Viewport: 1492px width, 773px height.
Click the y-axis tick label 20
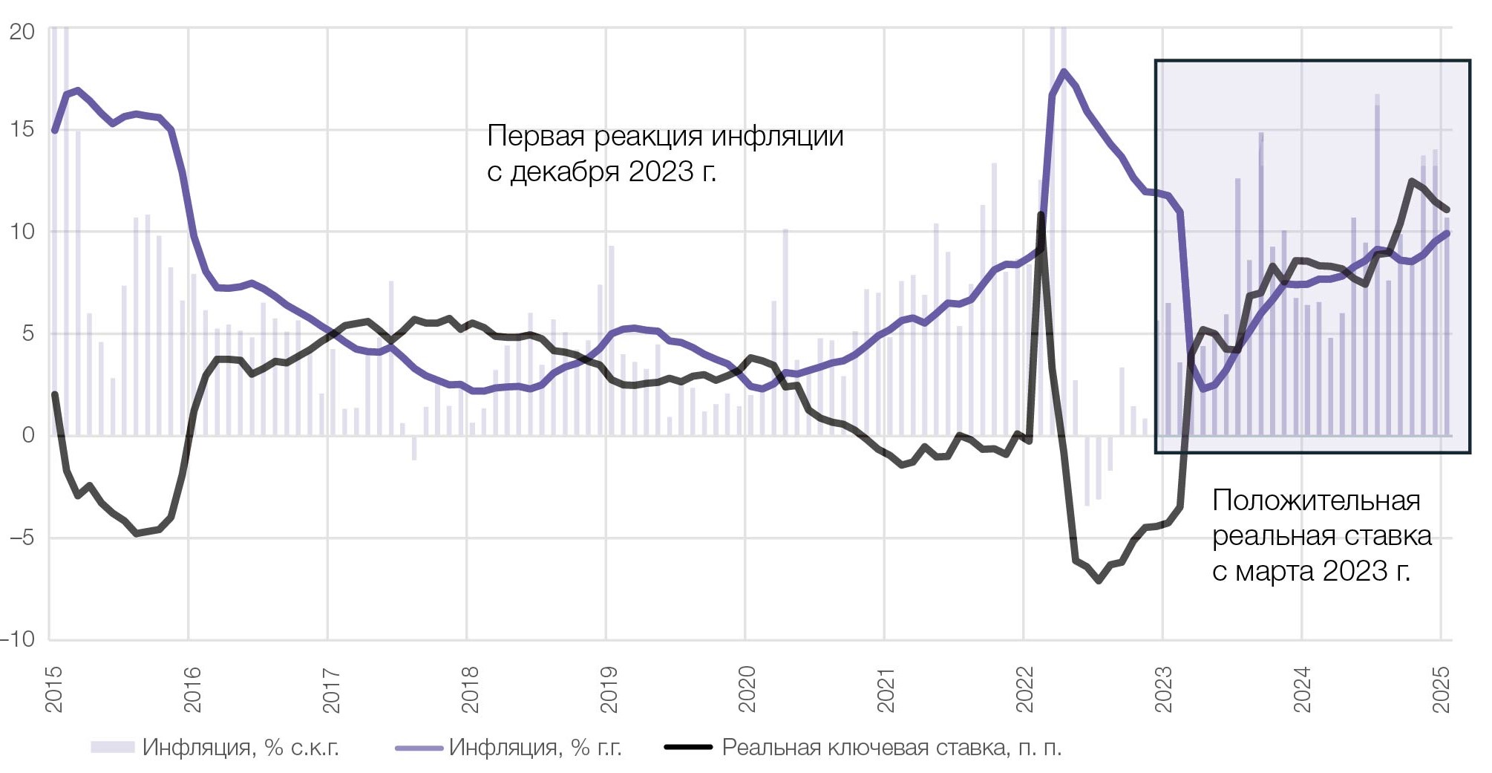22,31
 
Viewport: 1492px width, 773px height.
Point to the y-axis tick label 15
22,129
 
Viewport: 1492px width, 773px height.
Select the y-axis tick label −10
19,639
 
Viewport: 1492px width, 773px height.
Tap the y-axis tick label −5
22,537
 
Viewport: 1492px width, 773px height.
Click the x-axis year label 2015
54,689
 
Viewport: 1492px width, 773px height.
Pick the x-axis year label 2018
471,689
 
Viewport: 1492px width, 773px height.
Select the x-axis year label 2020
747,689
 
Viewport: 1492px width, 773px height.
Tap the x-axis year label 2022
1025,689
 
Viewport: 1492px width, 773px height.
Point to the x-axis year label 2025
1441,689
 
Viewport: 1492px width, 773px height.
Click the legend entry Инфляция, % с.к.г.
240,747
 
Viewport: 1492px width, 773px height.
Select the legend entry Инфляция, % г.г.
534,747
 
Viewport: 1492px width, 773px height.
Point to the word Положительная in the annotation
1315,500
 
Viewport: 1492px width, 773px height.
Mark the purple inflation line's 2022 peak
1064,72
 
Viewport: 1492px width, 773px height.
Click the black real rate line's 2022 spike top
1041,215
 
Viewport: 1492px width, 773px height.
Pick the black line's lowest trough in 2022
1099,581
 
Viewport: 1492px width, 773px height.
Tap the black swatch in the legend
687,747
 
